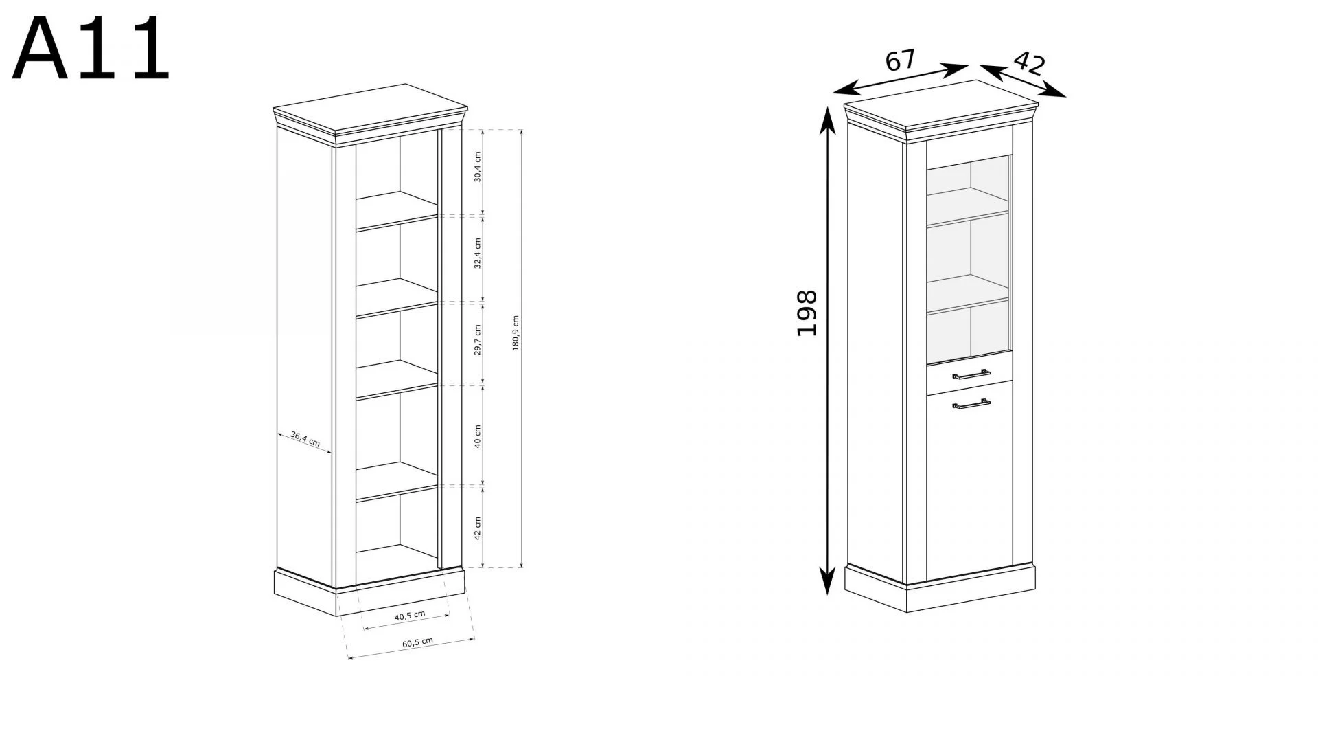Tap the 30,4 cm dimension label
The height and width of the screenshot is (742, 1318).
coord(478,166)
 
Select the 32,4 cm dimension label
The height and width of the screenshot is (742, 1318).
coord(478,253)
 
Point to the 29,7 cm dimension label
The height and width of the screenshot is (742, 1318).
coord(478,340)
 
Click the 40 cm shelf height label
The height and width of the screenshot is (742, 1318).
coord(478,436)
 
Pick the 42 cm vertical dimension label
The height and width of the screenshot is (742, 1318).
coord(478,528)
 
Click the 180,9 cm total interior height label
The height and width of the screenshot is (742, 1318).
coord(516,333)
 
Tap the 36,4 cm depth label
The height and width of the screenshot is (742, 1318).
coord(305,439)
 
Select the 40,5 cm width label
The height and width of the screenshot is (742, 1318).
coord(410,616)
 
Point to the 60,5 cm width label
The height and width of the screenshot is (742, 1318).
coord(417,643)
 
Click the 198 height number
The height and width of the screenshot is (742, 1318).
coord(807,313)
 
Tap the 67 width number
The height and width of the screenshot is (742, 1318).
coord(900,60)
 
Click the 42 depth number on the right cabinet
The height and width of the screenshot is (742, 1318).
coord(1028,63)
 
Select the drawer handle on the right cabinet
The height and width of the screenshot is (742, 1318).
coord(971,374)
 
